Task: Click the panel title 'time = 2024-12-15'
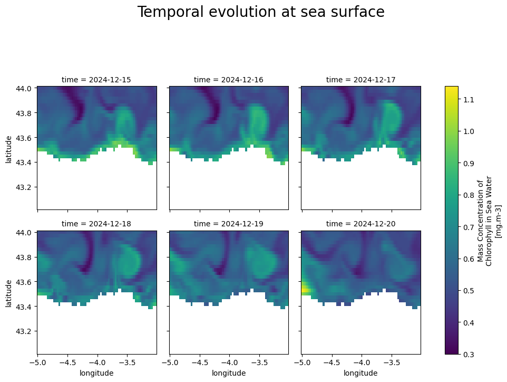click(96, 80)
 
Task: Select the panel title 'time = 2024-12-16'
click(229, 80)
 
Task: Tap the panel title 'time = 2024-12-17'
click(360, 80)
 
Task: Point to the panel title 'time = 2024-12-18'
click(96, 224)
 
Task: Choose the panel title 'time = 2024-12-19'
click(229, 224)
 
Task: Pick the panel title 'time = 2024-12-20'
click(360, 224)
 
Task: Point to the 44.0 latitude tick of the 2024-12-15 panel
click(24, 88)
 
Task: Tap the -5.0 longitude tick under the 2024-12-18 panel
click(37, 363)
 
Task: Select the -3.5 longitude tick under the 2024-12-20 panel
click(391, 363)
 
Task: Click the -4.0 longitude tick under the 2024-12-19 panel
click(229, 363)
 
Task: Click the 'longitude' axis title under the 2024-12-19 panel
click(229, 373)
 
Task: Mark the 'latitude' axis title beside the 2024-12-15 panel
click(8, 148)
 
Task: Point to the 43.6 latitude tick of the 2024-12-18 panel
click(24, 282)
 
